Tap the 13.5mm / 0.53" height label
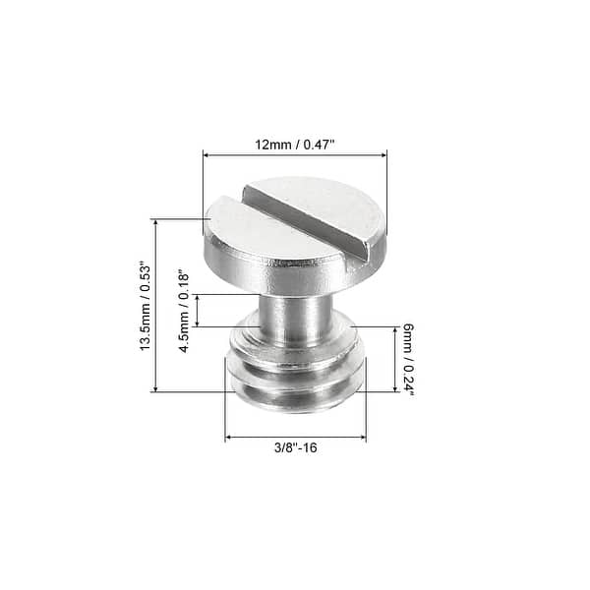(x=144, y=306)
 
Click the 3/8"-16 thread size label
(x=296, y=448)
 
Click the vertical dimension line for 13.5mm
(x=155, y=306)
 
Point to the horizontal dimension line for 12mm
(x=295, y=154)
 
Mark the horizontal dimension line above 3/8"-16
(x=296, y=437)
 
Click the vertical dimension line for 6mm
(x=395, y=360)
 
